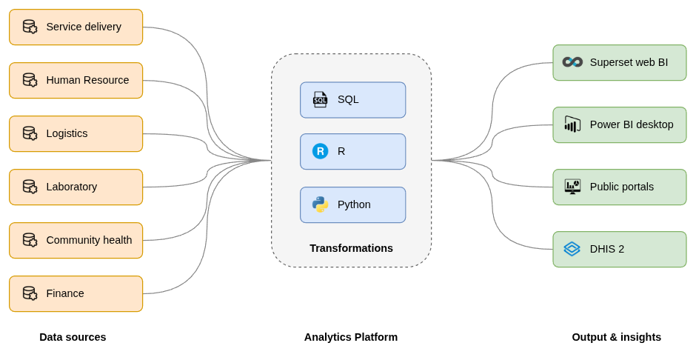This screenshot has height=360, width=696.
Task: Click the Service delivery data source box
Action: pyautogui.click(x=76, y=27)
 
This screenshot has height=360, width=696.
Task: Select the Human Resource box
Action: pyautogui.click(x=76, y=81)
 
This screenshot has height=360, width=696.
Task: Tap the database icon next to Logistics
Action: pyautogui.click(x=30, y=134)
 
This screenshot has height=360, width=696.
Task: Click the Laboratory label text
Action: pyautogui.click(x=71, y=187)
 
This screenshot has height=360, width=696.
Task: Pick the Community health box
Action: pyautogui.click(x=76, y=241)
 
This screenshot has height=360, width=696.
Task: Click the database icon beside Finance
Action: pyautogui.click(x=30, y=294)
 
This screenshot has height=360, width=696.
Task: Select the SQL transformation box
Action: pyautogui.click(x=352, y=100)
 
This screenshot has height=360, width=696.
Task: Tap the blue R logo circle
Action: pyautogui.click(x=320, y=151)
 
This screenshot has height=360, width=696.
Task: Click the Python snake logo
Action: pyautogui.click(x=320, y=204)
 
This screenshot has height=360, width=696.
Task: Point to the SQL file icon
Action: pyautogui.click(x=320, y=100)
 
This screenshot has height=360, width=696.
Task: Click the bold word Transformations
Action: pyautogui.click(x=351, y=248)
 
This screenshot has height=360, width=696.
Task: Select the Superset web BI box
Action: pyautogui.click(x=619, y=63)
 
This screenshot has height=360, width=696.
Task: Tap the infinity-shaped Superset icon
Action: pyautogui.click(x=572, y=62)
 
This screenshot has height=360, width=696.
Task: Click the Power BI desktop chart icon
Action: pyautogui.click(x=572, y=124)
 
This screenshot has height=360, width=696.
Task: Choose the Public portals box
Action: pyautogui.click(x=619, y=187)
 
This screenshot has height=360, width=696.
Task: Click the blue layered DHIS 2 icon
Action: pyautogui.click(x=572, y=249)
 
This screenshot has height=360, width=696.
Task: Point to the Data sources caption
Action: pyautogui.click(x=73, y=337)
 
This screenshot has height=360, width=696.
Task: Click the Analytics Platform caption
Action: pyautogui.click(x=351, y=337)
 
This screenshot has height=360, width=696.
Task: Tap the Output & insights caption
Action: pyautogui.click(x=616, y=337)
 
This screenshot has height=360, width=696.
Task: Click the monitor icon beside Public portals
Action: pyautogui.click(x=572, y=187)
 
